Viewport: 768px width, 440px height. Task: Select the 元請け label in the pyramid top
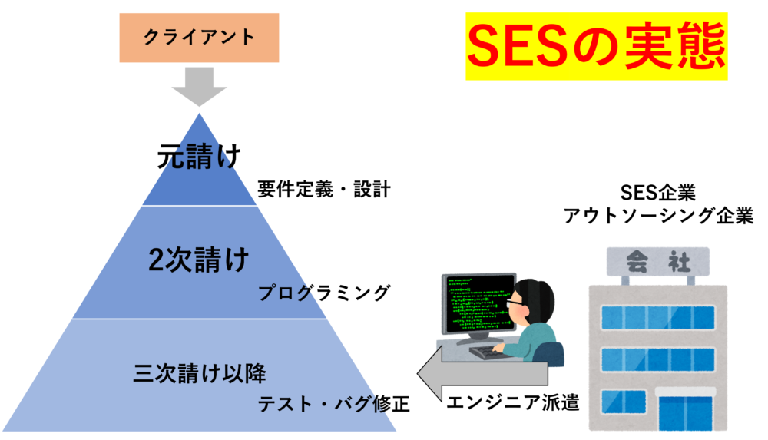[x=199, y=157]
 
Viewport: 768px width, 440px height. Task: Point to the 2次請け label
[x=199, y=261]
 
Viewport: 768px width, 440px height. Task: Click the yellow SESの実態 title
[x=596, y=47]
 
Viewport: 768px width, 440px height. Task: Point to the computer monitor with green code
[x=476, y=304]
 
